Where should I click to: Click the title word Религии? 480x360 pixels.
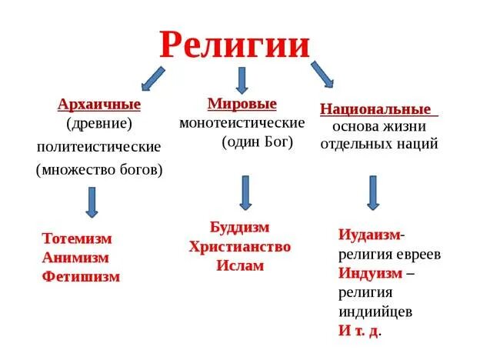point(235,45)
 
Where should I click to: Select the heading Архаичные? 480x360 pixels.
point(98,105)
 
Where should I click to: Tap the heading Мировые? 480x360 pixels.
point(242,103)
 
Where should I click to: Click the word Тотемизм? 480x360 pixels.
point(78,238)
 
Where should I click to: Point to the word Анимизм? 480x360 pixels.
point(76,258)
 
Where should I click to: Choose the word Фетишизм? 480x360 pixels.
point(82,277)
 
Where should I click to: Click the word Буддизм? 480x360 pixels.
point(240,227)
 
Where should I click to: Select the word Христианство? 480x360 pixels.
point(240,246)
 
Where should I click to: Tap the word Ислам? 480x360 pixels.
point(240,265)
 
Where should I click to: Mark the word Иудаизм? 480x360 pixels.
point(369,235)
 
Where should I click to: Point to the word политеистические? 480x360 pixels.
point(98,146)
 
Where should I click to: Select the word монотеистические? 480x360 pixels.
point(242,123)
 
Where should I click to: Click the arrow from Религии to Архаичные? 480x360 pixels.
point(152,78)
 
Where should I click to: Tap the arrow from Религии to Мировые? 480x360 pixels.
point(242,80)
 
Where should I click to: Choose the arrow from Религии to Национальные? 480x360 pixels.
point(322,75)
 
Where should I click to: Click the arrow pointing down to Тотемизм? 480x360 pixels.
point(92,201)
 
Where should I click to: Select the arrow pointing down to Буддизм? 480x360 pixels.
point(245,192)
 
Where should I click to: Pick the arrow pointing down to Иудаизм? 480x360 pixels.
point(373,192)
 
